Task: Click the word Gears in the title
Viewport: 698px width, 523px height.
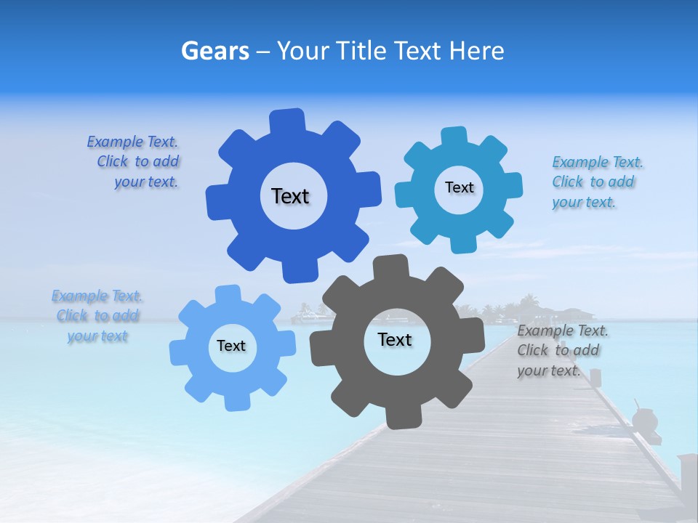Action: pos(214,51)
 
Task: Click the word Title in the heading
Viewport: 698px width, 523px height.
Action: pos(361,51)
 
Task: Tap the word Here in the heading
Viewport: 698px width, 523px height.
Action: pos(476,51)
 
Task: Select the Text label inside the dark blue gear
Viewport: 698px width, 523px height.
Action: pos(290,196)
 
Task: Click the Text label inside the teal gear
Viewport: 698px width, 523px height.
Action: pos(459,187)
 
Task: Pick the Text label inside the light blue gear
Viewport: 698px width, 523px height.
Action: pos(231,346)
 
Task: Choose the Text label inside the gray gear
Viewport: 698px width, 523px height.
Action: pos(395,339)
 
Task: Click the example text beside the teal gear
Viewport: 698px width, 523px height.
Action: pos(597,182)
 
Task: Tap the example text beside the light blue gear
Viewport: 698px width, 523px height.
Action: pos(97,316)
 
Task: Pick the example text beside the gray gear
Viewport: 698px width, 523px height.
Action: pos(562,351)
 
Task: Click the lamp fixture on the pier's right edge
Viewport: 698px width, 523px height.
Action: pos(644,421)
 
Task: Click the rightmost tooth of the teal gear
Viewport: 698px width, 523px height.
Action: pos(511,185)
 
